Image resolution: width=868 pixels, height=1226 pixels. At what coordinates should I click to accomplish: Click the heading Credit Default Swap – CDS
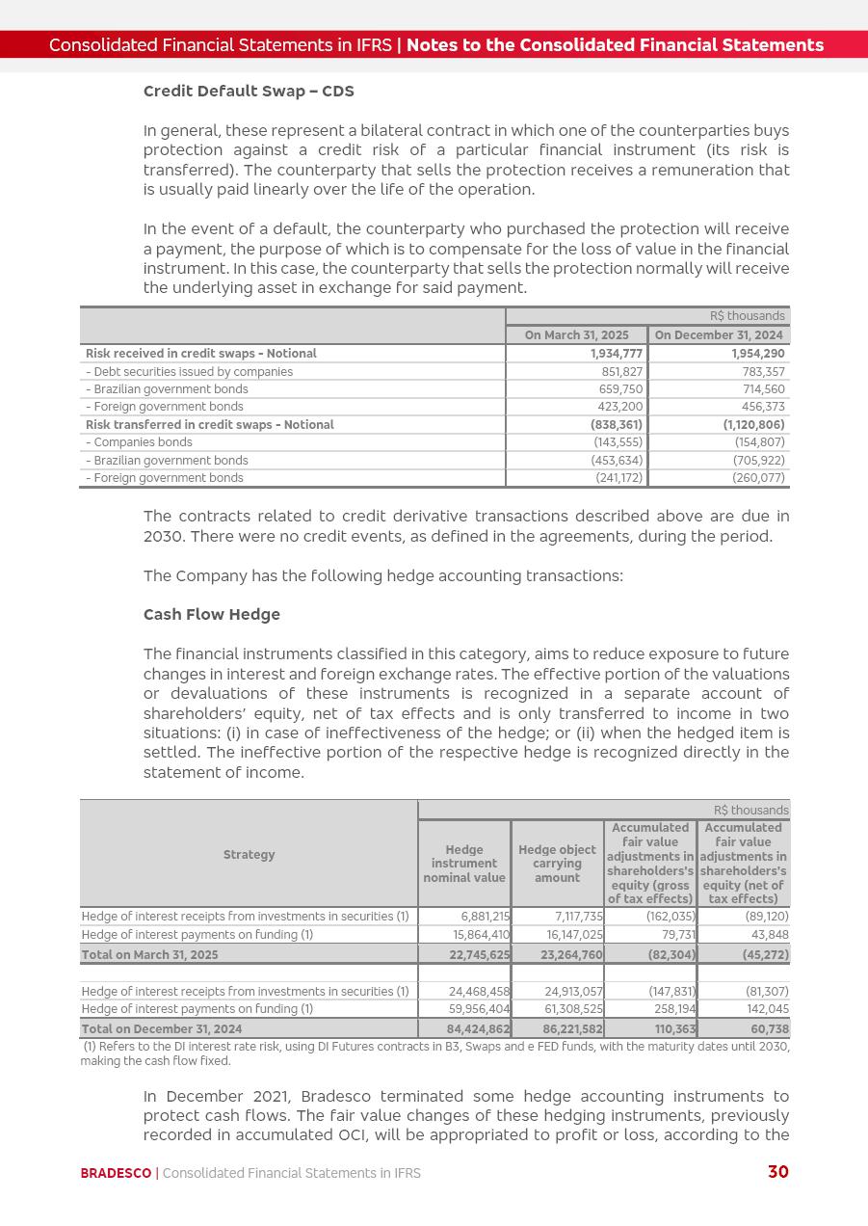tap(249, 92)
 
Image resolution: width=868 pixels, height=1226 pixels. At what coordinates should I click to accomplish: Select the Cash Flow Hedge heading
tap(212, 615)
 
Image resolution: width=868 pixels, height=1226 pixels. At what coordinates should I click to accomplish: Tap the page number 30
tap(777, 1172)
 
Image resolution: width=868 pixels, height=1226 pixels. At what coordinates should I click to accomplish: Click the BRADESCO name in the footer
tap(116, 1173)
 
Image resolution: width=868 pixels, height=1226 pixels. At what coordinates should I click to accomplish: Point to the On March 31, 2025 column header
tap(576, 335)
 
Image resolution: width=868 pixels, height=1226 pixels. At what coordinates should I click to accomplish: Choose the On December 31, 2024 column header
tap(720, 335)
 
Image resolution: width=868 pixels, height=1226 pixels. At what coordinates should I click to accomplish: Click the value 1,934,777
tap(617, 354)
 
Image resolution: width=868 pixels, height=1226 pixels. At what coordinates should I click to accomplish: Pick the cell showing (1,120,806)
tap(753, 425)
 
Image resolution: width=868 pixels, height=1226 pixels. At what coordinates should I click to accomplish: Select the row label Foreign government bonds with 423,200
tap(165, 407)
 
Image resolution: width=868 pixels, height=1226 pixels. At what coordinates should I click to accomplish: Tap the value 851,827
tap(621, 372)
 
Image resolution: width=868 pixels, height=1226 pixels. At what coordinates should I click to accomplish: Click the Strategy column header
tap(249, 855)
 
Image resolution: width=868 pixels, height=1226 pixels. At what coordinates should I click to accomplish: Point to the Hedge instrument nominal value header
tap(464, 864)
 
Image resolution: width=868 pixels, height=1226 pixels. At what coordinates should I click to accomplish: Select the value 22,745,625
tap(480, 955)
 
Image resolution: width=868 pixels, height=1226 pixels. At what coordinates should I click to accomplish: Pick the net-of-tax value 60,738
tap(768, 1029)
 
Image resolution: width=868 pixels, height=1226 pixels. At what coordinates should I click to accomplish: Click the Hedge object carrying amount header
tap(557, 864)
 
